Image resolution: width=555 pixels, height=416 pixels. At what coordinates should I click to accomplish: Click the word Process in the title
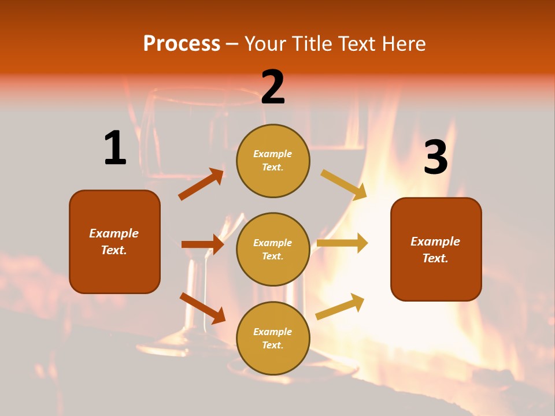click(x=182, y=44)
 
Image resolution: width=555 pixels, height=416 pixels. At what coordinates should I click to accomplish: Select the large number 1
click(x=115, y=148)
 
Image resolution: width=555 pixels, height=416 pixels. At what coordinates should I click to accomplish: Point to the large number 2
click(x=273, y=87)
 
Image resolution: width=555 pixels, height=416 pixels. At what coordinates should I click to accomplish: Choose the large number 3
click(x=435, y=157)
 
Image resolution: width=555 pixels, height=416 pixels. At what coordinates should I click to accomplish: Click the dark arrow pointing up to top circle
click(x=201, y=184)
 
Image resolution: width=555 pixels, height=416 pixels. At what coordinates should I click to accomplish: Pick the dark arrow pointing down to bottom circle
click(x=202, y=307)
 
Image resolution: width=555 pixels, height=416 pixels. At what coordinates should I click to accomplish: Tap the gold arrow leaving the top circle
click(x=343, y=184)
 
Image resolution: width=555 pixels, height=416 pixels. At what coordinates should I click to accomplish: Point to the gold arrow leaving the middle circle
click(x=342, y=243)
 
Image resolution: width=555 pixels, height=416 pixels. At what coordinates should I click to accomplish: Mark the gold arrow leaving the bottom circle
click(x=340, y=306)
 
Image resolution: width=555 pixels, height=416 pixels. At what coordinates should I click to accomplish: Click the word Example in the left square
click(x=114, y=233)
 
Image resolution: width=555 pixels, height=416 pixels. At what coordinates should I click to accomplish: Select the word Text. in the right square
click(x=435, y=258)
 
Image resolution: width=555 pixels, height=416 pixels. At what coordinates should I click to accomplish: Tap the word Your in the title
click(x=265, y=44)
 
